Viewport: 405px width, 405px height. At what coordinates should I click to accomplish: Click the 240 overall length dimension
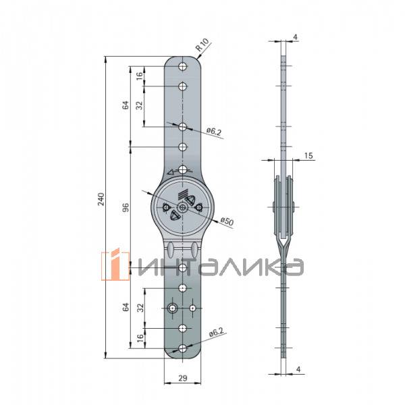coord(101,199)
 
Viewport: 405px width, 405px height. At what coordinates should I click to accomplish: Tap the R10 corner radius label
coord(202,45)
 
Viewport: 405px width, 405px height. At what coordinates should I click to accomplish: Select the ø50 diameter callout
coord(227,221)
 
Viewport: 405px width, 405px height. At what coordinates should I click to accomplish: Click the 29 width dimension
coord(183,378)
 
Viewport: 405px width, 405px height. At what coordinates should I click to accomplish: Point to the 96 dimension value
coord(126,207)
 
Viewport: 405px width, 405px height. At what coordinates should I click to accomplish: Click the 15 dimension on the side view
coord(308,155)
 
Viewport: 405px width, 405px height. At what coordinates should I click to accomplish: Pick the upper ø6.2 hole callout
coord(214,132)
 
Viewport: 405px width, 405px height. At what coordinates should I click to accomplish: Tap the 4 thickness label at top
coord(296,37)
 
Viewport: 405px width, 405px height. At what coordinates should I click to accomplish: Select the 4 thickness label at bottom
coord(298,369)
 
